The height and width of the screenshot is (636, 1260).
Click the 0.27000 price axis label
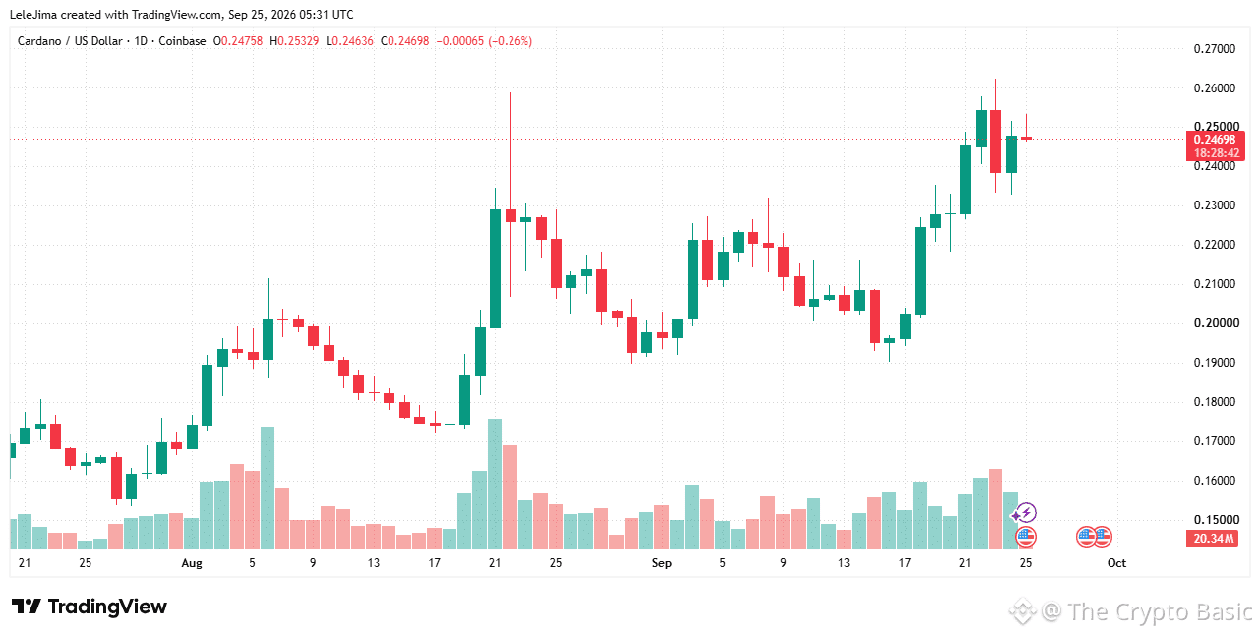point(1215,49)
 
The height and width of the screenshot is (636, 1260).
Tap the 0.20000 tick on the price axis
point(1215,323)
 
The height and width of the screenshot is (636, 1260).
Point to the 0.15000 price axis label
point(1215,520)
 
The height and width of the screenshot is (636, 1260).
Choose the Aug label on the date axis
point(192,563)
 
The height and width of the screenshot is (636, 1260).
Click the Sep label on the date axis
point(662,563)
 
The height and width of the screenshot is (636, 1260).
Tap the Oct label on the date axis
point(1116,563)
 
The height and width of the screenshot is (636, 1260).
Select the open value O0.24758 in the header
point(238,41)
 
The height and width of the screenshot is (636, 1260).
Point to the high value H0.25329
point(294,41)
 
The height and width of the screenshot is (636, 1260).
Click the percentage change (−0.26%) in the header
point(510,41)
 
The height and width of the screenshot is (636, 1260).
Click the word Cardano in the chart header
point(40,41)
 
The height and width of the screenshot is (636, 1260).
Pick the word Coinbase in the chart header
point(182,41)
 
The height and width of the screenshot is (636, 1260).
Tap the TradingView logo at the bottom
point(89,607)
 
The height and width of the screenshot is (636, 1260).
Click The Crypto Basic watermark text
point(1160,611)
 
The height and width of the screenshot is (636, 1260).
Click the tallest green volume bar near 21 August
point(495,485)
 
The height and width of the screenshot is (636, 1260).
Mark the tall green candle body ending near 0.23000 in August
point(495,268)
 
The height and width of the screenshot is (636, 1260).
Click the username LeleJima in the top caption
point(33,15)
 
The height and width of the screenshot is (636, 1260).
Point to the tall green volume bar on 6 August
point(268,489)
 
